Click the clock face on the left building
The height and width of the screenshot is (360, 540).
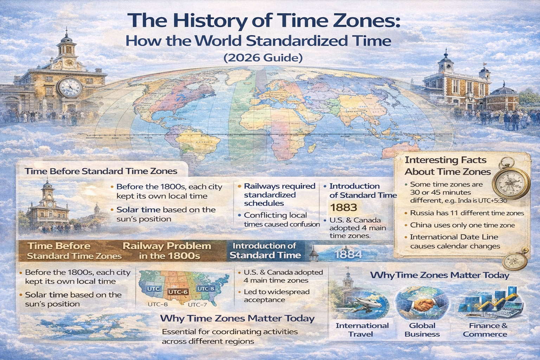coord(70,87)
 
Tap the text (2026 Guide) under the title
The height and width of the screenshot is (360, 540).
coord(263,57)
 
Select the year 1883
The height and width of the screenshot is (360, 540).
coord(343,207)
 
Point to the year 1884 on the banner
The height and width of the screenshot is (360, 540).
coord(348,254)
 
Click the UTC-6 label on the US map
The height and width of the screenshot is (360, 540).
coord(178,292)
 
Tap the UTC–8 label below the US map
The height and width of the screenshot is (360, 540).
coord(157,304)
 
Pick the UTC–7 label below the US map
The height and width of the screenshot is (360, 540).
coord(197,305)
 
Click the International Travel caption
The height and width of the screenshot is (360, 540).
coord(362,330)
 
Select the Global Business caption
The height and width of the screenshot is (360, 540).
coord(422,330)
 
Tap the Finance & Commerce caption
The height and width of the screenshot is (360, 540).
coord(485,330)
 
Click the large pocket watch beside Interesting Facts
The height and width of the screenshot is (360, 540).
coord(511,182)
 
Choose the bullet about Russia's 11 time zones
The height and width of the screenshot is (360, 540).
coord(467,213)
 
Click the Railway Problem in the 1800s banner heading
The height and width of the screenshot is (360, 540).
coord(167,251)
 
